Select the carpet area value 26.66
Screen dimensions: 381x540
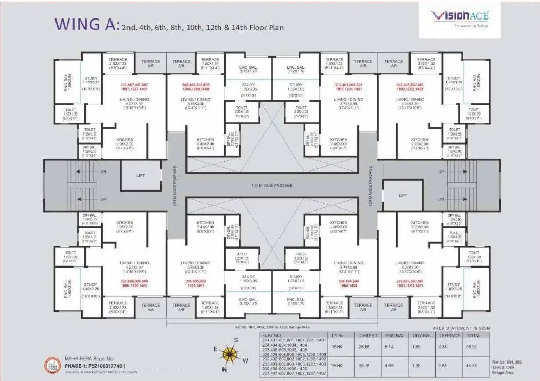(365, 347)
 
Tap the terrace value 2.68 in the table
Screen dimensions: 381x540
(443, 366)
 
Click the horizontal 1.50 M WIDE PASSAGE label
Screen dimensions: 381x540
(272, 185)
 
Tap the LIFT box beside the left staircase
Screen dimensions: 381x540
(140, 176)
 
